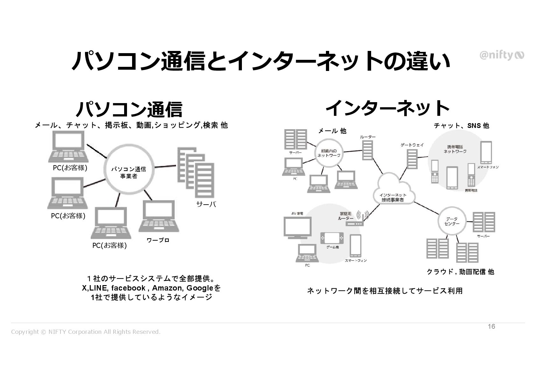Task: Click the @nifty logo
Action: tap(501, 55)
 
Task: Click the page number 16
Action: tap(491, 326)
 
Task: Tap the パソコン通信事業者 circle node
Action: tap(129, 172)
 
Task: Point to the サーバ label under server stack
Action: tap(206, 204)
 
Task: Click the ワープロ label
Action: tap(158, 240)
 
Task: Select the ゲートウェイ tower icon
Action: tap(412, 159)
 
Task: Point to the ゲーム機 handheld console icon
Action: tap(332, 238)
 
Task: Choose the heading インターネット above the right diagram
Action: tap(387, 108)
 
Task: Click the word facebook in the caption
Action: tap(128, 288)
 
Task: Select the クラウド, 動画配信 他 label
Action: tap(460, 272)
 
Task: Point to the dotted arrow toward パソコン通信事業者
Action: tap(97, 151)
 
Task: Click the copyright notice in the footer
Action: tap(86, 332)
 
